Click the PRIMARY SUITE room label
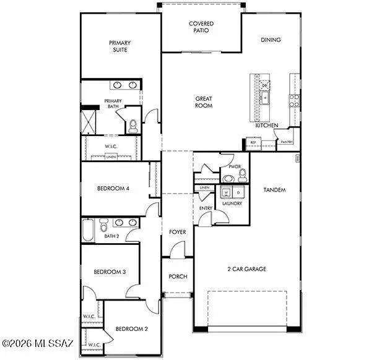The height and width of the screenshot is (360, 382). pyautogui.click(x=119, y=46)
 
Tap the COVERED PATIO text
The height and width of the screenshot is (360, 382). pyautogui.click(x=201, y=27)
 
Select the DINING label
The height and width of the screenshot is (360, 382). pyautogui.click(x=271, y=40)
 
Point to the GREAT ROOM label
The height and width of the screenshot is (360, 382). pyautogui.click(x=204, y=102)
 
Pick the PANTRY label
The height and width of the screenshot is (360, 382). pyautogui.click(x=286, y=142)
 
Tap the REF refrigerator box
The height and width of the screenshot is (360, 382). pyautogui.click(x=253, y=143)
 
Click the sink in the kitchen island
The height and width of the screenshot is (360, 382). pyautogui.click(x=264, y=97)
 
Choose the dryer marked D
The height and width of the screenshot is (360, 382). pyautogui.click(x=238, y=192)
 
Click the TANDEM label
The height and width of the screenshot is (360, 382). pyautogui.click(x=274, y=190)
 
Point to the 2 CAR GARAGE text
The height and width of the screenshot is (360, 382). pyautogui.click(x=246, y=270)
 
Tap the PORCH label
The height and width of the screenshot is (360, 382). pyautogui.click(x=178, y=276)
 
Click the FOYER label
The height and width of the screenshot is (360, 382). pyautogui.click(x=178, y=232)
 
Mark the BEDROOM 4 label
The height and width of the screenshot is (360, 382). pyautogui.click(x=113, y=189)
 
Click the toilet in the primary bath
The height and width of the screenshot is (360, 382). pyautogui.click(x=132, y=125)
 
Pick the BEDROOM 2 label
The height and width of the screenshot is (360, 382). pyautogui.click(x=132, y=328)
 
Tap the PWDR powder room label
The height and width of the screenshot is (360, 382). pyautogui.click(x=234, y=167)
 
